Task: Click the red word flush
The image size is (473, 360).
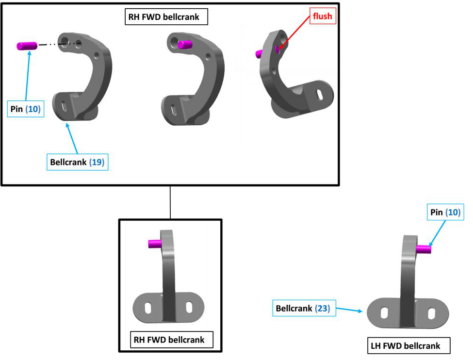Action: pyautogui.click(x=323, y=16)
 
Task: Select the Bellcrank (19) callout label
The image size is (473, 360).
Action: pyautogui.click(x=77, y=162)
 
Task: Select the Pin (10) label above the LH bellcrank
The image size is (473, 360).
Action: pyautogui.click(x=444, y=212)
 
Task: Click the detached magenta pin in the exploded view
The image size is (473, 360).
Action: pyautogui.click(x=27, y=46)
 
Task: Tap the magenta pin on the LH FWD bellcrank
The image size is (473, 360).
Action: pyautogui.click(x=424, y=249)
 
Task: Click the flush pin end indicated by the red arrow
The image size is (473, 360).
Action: pyautogui.click(x=277, y=49)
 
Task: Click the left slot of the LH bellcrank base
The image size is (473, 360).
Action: pyautogui.click(x=384, y=312)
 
